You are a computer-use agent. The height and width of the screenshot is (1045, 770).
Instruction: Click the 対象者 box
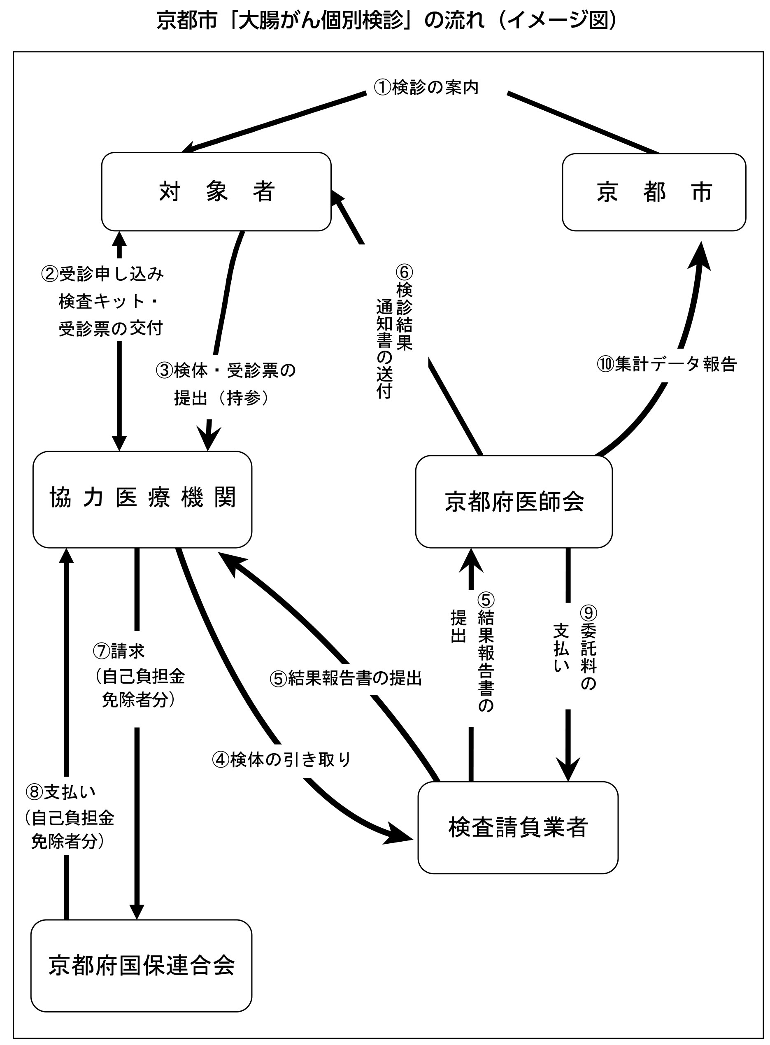tap(216, 191)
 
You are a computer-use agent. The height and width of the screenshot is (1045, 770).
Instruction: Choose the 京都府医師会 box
tap(514, 502)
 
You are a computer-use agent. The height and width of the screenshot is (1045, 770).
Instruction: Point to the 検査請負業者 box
tap(518, 827)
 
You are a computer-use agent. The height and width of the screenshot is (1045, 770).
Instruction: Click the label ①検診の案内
tap(426, 88)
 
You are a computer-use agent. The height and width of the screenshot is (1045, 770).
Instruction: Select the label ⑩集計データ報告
tap(667, 364)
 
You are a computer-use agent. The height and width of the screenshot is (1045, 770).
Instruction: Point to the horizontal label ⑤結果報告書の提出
tap(346, 679)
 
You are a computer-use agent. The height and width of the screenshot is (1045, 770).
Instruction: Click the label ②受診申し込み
tap(102, 274)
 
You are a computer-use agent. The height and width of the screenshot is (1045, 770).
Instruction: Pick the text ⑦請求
tap(119, 651)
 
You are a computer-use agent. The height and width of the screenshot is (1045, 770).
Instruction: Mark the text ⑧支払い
tap(61, 791)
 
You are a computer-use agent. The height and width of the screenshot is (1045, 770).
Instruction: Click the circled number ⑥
tap(404, 272)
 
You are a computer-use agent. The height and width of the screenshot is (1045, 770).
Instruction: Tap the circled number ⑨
tap(588, 613)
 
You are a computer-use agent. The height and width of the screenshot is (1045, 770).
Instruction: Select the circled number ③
tap(165, 371)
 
